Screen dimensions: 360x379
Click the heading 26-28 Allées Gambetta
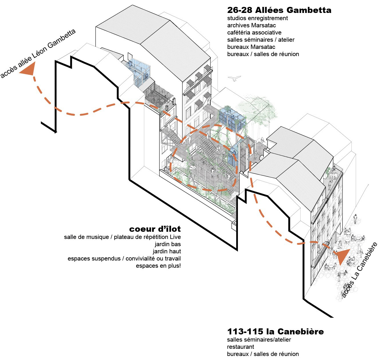(279, 10)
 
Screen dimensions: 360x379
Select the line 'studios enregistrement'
(257, 18)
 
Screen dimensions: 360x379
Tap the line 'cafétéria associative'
(254, 32)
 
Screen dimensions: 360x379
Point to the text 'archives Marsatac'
(251, 25)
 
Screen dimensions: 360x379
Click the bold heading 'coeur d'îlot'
(155, 229)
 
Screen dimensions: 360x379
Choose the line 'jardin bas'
(168, 244)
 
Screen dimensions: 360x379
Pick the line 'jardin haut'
(167, 251)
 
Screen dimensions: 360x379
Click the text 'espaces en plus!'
(158, 266)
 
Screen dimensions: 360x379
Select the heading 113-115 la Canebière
(275, 332)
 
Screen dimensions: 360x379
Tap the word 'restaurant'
(241, 347)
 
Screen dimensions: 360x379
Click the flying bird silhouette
(234, 78)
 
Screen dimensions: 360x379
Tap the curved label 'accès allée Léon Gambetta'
(38, 53)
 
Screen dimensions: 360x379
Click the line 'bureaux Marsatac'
(251, 47)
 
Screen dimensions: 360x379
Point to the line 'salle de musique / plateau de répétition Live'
(122, 237)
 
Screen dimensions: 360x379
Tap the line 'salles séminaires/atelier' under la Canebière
(259, 340)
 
